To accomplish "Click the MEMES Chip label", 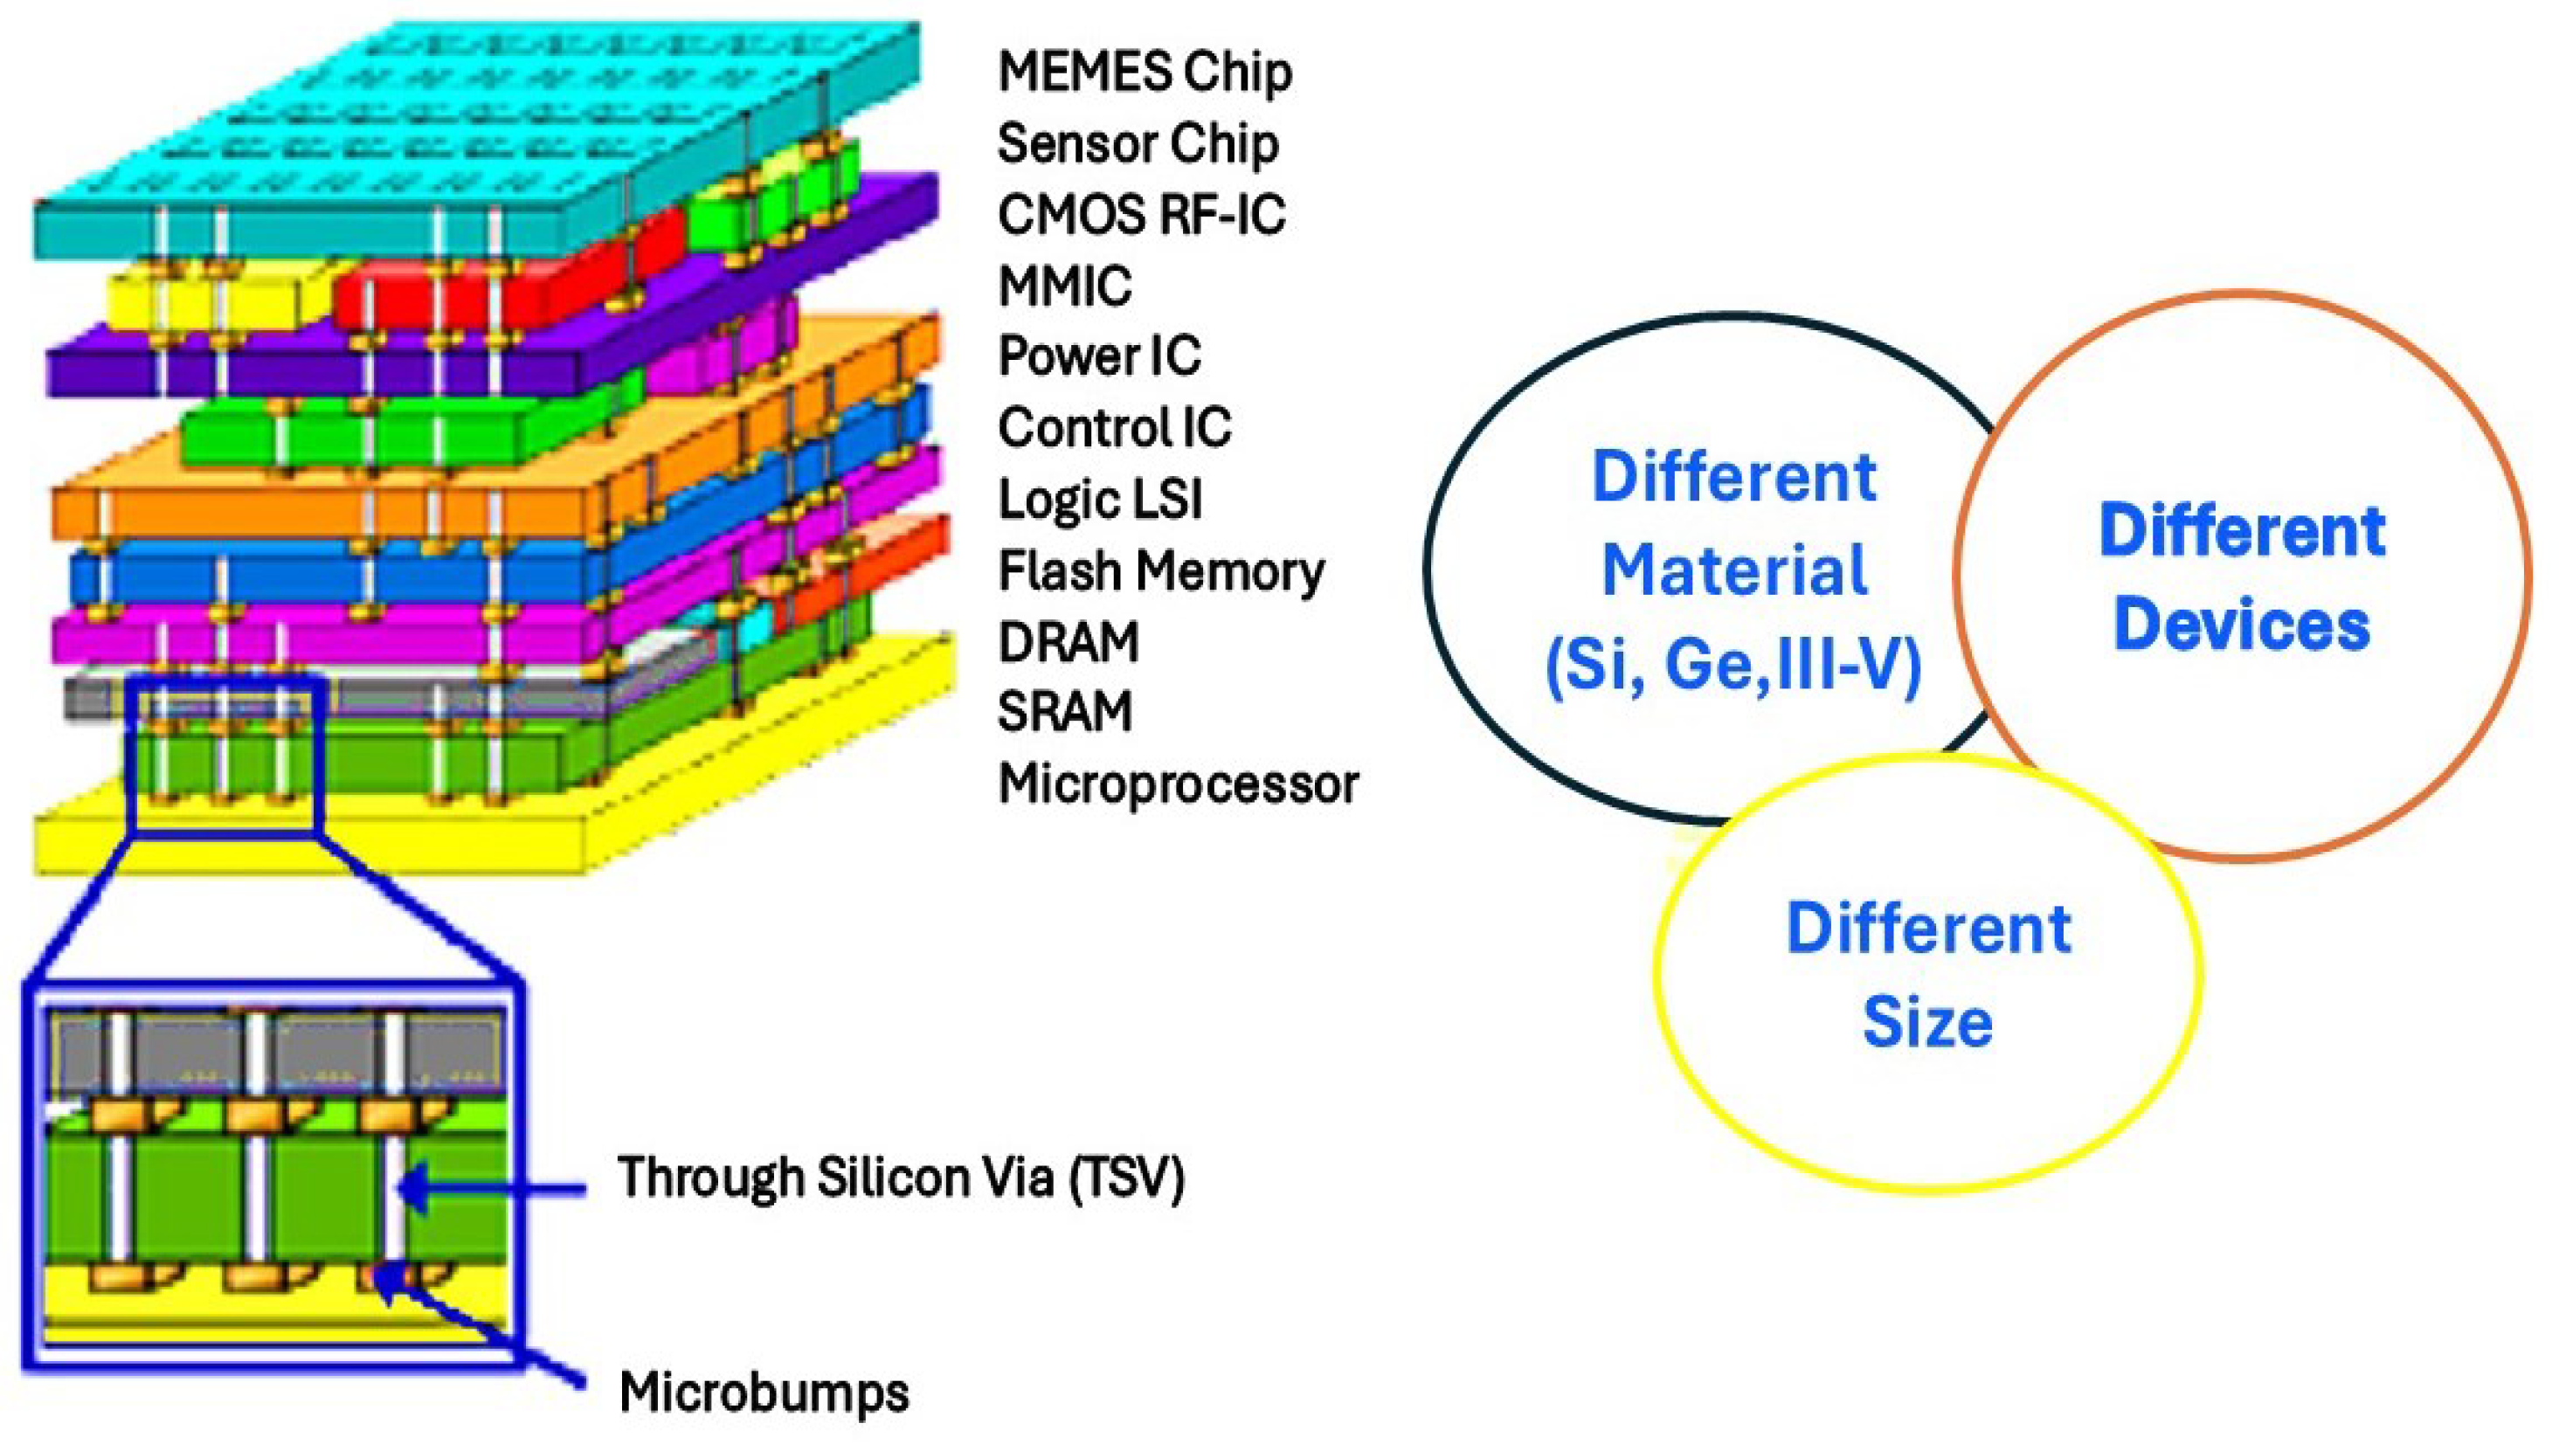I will coord(1145,73).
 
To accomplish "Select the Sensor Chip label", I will coord(1138,144).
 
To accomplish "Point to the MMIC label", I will coord(1064,286).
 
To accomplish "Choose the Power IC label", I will coord(1099,356).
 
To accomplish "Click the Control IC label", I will coord(1114,428).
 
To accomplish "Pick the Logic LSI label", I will coord(1100,499).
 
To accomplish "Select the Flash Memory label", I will coord(1160,571).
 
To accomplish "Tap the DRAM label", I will coord(1068,641).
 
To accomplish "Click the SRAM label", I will coord(1064,712).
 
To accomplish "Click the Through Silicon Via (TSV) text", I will coord(901,1178).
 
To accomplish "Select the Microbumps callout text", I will coord(763,1392).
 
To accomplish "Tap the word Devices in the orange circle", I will coord(2241,625).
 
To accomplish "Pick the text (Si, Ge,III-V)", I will coord(1733,663).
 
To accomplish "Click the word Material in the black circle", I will coord(1734,571).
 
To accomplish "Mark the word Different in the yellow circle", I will coord(1928,929).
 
